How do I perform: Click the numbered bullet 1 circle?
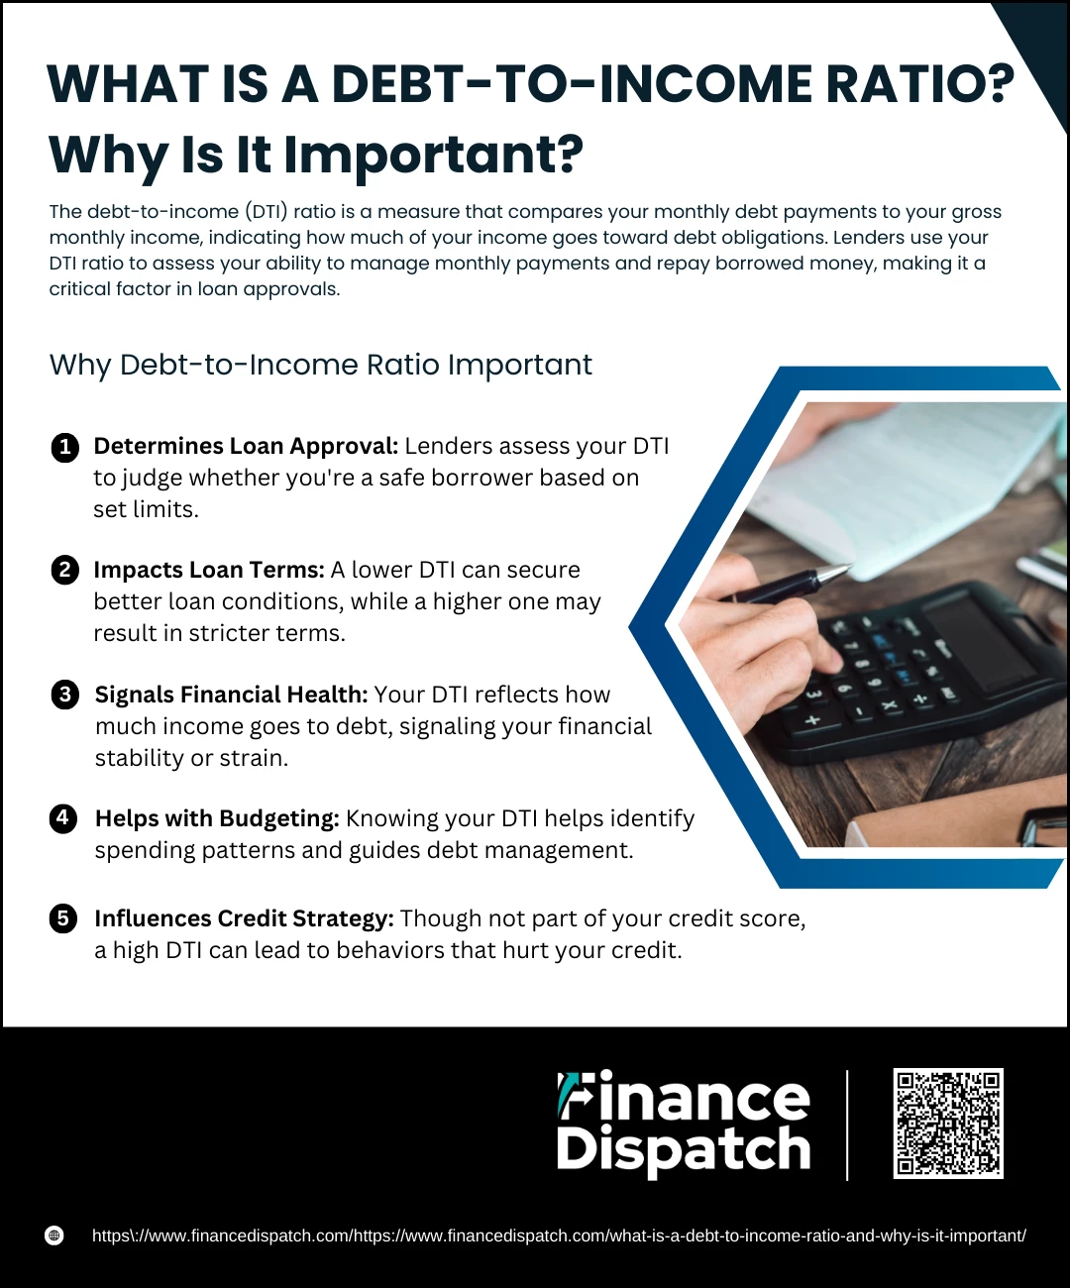(64, 448)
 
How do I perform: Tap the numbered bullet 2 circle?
(64, 570)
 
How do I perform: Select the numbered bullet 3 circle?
(64, 695)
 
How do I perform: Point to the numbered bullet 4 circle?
(63, 818)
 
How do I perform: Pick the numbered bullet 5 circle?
(63, 918)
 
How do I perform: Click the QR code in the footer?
(948, 1124)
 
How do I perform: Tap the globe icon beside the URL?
(54, 1235)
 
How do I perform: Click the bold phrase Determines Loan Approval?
(246, 446)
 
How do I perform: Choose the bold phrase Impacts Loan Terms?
(209, 570)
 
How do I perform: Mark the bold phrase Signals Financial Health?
(231, 695)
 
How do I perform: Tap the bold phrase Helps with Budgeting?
(217, 818)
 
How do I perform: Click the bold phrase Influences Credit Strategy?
(245, 918)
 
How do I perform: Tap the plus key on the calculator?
(813, 720)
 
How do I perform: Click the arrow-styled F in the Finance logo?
(575, 1096)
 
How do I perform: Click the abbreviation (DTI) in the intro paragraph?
(267, 212)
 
